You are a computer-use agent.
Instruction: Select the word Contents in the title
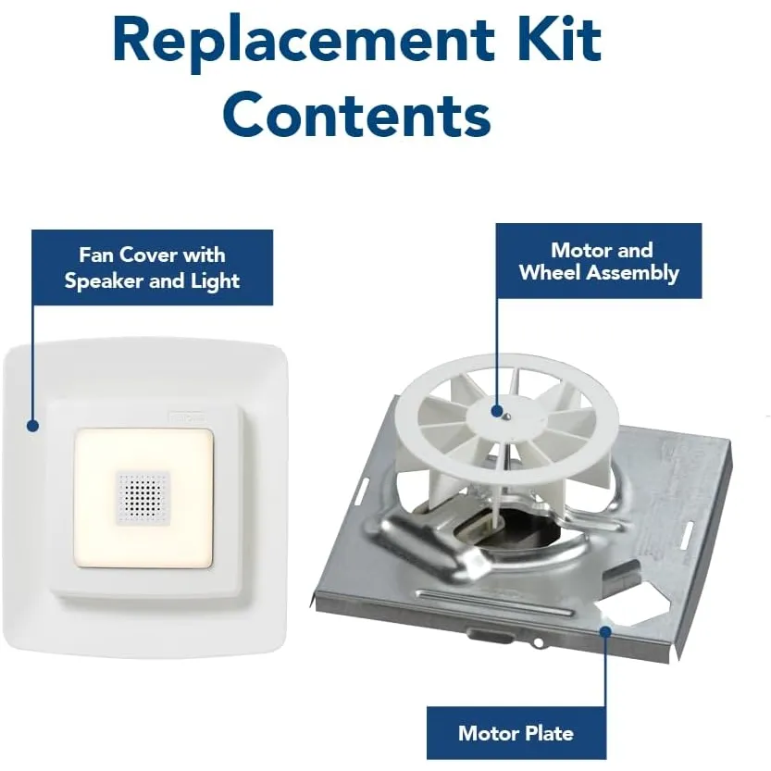(x=357, y=114)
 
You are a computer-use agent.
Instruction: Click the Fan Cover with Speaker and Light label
(x=152, y=267)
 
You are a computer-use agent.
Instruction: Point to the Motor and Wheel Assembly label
(x=599, y=261)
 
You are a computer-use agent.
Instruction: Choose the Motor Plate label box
(x=516, y=733)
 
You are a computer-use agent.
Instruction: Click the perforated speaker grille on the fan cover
(x=143, y=498)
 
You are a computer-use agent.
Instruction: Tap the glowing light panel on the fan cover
(x=143, y=499)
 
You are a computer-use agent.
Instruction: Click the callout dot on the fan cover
(x=33, y=426)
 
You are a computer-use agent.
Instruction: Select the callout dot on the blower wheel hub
(x=497, y=411)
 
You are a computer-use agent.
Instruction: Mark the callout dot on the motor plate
(x=605, y=631)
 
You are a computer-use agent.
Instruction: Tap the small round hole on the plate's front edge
(x=539, y=642)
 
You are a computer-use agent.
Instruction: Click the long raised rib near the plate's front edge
(x=494, y=602)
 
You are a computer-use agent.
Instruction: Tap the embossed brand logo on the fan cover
(x=188, y=417)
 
